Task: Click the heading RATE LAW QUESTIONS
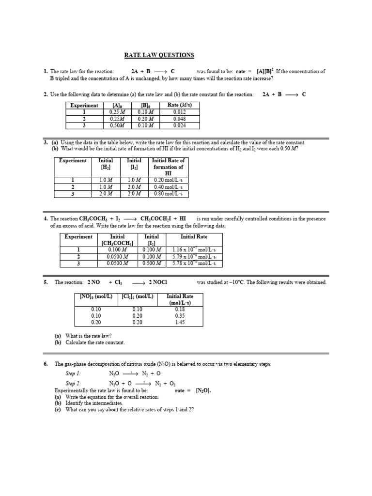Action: pos(159,55)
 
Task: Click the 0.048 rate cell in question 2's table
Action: pos(179,118)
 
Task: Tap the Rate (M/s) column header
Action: pos(179,105)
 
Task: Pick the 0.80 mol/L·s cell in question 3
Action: pos(168,194)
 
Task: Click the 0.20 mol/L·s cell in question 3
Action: pos(168,180)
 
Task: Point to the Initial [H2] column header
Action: pos(106,164)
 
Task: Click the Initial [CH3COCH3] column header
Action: pos(117,240)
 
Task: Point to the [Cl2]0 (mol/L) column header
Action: pos(137,296)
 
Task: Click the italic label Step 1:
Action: pos(74,374)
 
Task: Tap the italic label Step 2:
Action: pos(74,383)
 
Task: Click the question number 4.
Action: pos(45,219)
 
